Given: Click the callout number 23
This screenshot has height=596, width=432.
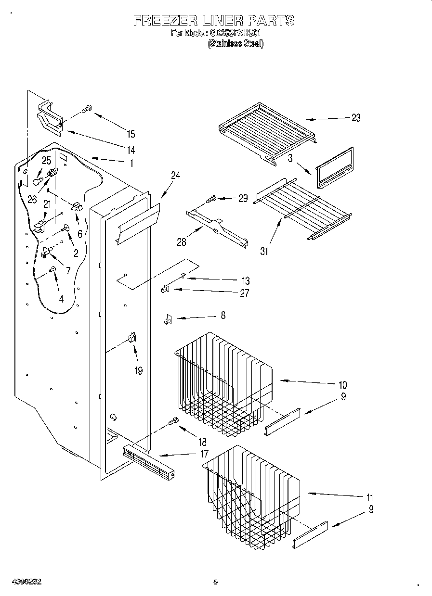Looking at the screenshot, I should (x=355, y=118).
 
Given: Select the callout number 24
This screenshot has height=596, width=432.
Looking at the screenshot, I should (x=175, y=176).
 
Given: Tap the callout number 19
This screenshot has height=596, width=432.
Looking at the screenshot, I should (x=138, y=371).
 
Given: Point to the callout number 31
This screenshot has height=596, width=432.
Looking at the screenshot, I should (x=264, y=251).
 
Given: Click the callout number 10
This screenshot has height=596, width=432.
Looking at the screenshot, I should (x=342, y=385).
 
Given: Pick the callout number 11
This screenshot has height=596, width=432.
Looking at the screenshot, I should (x=370, y=497).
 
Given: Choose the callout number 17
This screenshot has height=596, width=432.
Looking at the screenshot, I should (x=204, y=453).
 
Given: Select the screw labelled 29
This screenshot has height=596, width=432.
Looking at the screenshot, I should (x=212, y=198).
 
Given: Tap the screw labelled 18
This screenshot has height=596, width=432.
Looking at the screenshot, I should (x=173, y=422).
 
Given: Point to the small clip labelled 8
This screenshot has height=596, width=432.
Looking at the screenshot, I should (x=168, y=318).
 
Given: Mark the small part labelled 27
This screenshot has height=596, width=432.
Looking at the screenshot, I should (x=165, y=289).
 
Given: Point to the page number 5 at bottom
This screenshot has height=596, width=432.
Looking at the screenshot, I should (x=215, y=582).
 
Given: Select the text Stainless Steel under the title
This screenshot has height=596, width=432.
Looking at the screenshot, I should (x=236, y=44).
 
